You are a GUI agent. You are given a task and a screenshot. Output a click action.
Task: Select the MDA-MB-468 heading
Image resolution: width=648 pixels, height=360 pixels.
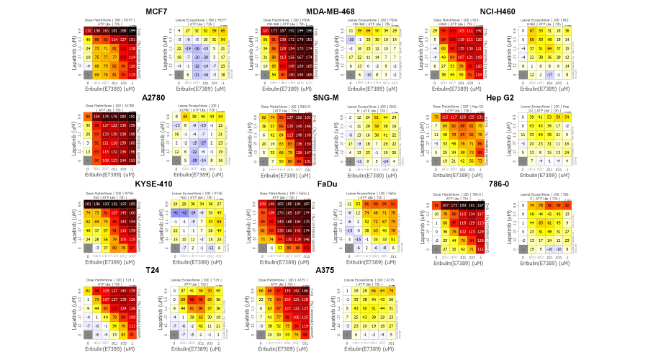tap(336, 12)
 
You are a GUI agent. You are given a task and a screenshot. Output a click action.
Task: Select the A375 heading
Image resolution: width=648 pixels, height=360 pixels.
tap(336, 270)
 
